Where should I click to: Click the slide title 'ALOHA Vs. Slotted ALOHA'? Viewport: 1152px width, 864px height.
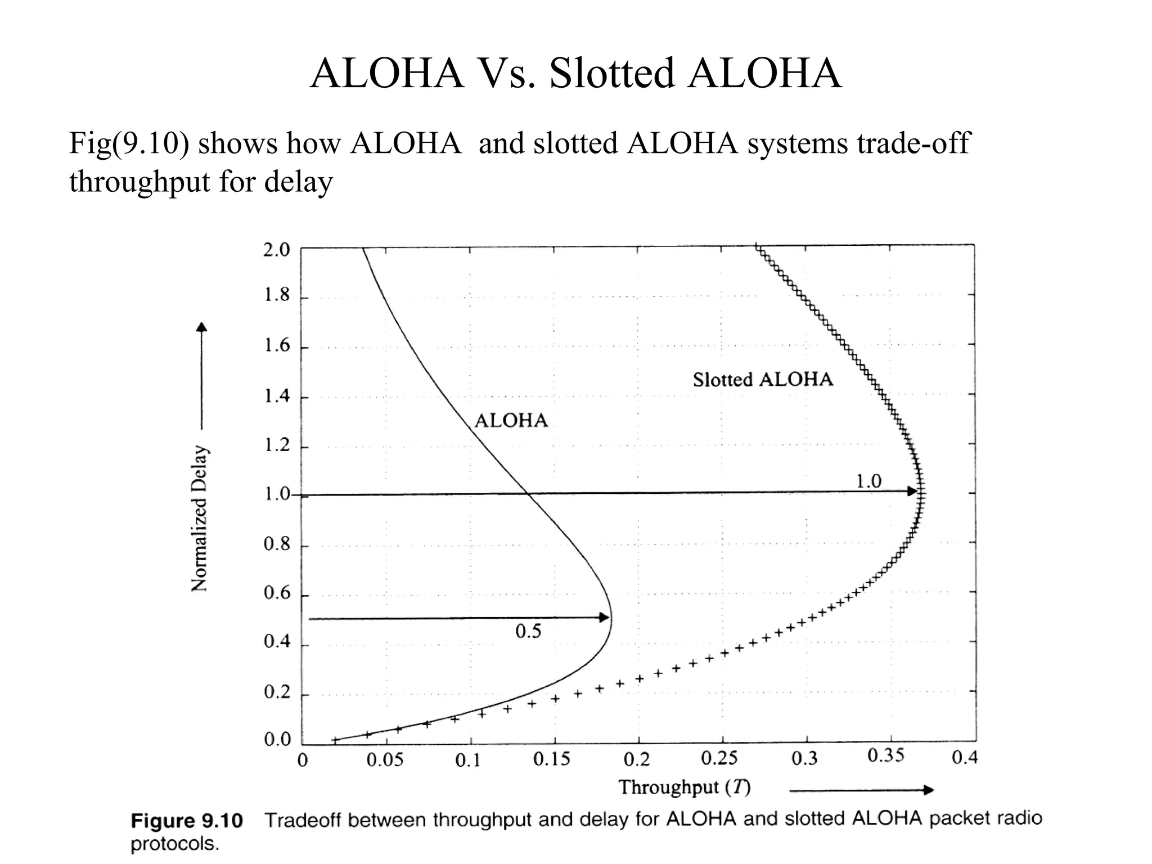pos(575,73)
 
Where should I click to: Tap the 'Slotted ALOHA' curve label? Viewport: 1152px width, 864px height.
pos(763,380)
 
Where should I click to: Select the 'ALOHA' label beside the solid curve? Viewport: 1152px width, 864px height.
pos(511,421)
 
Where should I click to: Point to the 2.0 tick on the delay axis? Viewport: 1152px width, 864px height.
pos(276,250)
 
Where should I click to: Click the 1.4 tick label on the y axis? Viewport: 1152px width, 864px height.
pos(277,397)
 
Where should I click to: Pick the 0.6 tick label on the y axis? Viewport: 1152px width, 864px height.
pos(277,593)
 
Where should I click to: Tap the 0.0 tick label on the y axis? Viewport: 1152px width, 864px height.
pos(277,740)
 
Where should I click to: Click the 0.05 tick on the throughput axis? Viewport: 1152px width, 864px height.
pos(385,760)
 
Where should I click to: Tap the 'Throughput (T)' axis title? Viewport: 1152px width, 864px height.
pos(685,787)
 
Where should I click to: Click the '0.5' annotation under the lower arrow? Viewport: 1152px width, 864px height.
pos(528,632)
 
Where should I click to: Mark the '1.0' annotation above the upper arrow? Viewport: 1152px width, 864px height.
pos(868,481)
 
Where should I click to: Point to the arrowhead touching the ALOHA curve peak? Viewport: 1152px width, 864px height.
pos(604,618)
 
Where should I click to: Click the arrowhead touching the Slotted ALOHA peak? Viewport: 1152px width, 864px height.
pos(912,492)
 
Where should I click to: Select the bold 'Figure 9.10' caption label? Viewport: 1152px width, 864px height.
pos(187,821)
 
